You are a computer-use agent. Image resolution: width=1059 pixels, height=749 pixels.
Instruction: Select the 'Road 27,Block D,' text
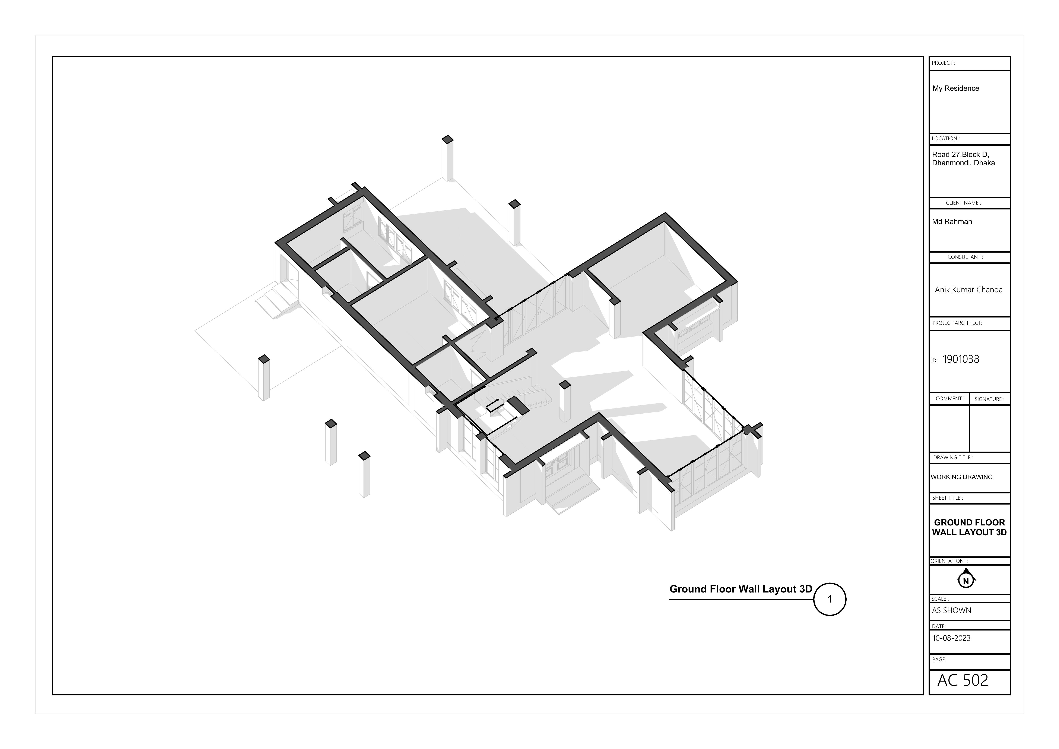click(x=960, y=155)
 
